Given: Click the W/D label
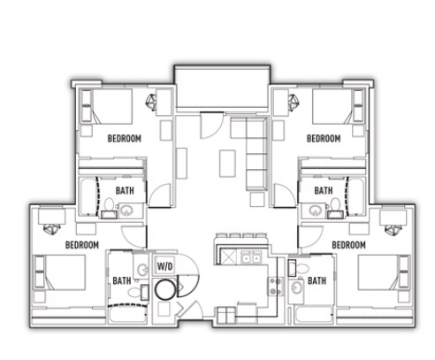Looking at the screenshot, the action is pyautogui.click(x=164, y=266).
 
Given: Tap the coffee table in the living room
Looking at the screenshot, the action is pyautogui.click(x=227, y=164).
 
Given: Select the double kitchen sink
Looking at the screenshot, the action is pyautogui.click(x=251, y=258).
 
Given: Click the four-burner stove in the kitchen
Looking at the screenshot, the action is pyautogui.click(x=276, y=287).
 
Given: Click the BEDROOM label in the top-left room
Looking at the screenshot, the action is pyautogui.click(x=125, y=139).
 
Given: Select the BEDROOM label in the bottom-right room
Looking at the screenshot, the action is pyautogui.click(x=348, y=245).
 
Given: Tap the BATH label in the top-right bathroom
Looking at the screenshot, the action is pyautogui.click(x=324, y=191).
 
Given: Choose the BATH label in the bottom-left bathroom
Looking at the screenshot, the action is pyautogui.click(x=122, y=280).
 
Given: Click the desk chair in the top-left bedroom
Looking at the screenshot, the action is pyautogui.click(x=152, y=102).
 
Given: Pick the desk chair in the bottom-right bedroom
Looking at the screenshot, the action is pyautogui.click(x=393, y=229).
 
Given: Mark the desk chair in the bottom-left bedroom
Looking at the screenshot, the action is pyautogui.click(x=52, y=229).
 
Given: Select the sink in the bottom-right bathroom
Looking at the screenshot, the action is pyautogui.click(x=296, y=287).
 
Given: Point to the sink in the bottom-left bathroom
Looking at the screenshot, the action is pyautogui.click(x=143, y=270).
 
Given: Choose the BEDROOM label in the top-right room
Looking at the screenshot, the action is pyautogui.click(x=324, y=139).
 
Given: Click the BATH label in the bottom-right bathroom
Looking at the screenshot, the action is pyautogui.click(x=317, y=280).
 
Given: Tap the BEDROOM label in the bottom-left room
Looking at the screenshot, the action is pyautogui.click(x=82, y=245).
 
